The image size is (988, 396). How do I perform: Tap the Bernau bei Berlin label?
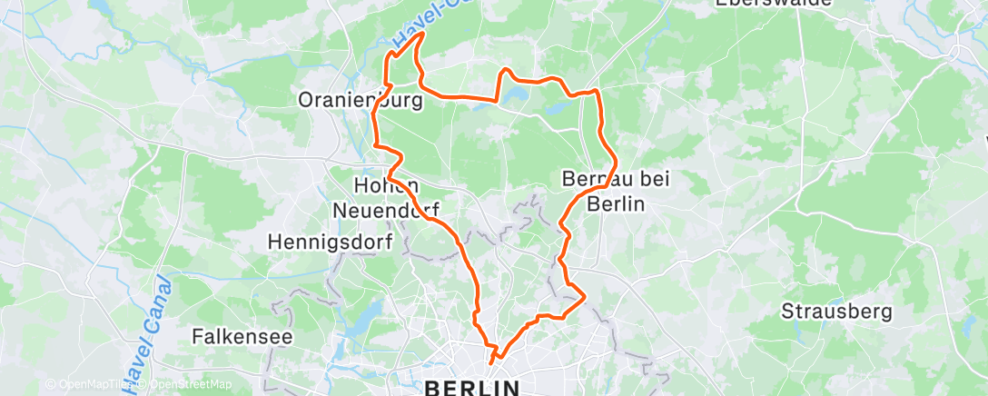pyautogui.click(x=616, y=191)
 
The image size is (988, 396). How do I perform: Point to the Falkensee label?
pyautogui.click(x=242, y=336)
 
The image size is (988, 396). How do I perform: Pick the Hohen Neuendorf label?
pyautogui.click(x=386, y=197)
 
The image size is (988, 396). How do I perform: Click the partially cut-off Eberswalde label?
pyautogui.click(x=774, y=4)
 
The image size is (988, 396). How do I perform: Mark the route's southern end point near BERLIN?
pyautogui.click(x=491, y=362)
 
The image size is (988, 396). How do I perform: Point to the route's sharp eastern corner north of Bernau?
pyautogui.click(x=597, y=92)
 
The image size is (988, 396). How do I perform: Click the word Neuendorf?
pyautogui.click(x=386, y=210)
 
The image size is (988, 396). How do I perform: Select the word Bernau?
pyautogui.click(x=591, y=179)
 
